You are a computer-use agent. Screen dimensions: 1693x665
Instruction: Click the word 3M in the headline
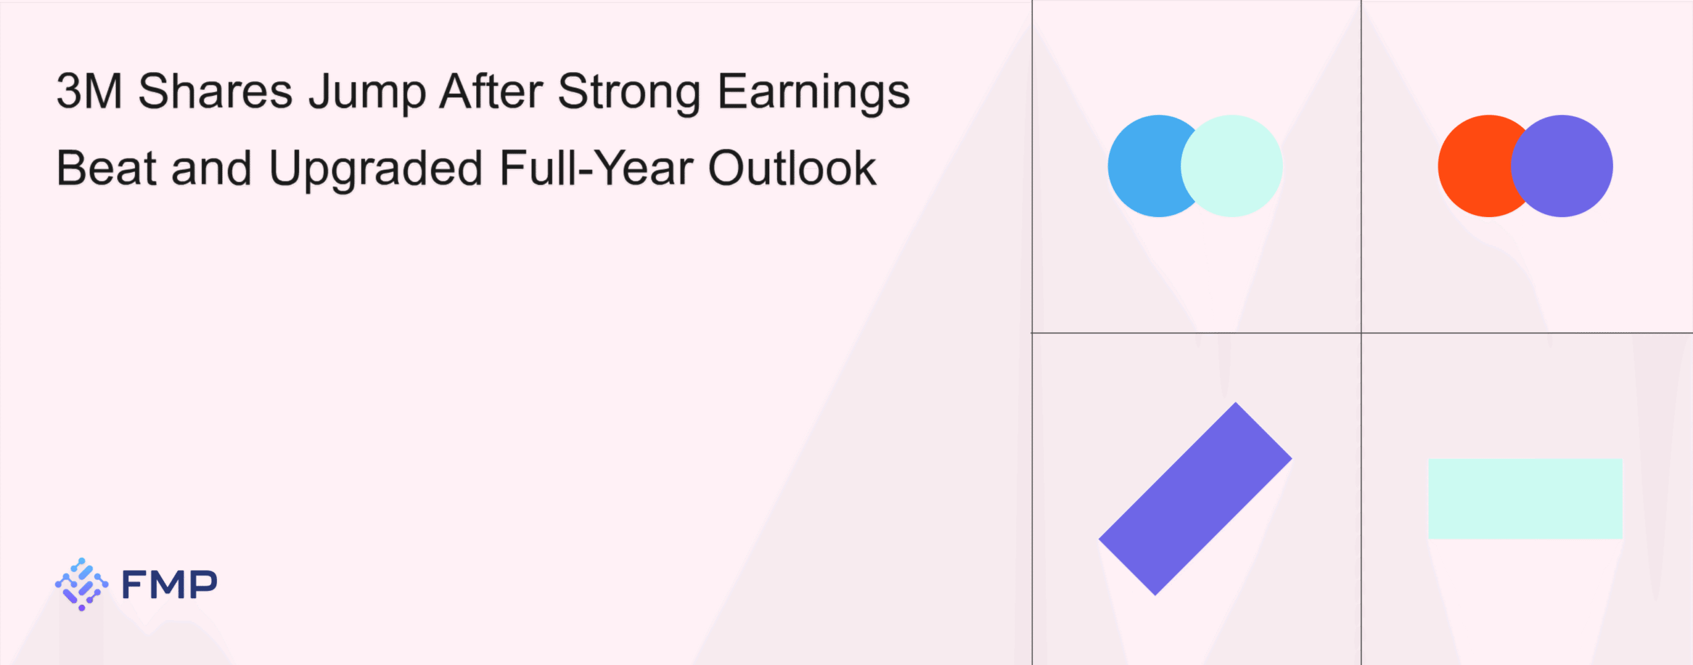click(89, 91)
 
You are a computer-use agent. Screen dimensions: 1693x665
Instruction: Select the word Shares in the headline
click(215, 91)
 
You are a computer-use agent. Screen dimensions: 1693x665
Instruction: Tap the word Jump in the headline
click(367, 95)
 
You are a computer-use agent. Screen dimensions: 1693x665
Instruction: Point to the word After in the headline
click(491, 91)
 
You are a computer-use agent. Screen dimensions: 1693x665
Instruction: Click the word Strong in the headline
click(629, 95)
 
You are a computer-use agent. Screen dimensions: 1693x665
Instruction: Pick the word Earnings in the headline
click(814, 95)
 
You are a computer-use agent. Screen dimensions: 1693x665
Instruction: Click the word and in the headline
click(212, 168)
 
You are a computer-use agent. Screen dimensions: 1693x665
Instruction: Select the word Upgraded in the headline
click(376, 171)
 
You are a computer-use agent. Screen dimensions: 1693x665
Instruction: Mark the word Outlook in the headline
click(792, 168)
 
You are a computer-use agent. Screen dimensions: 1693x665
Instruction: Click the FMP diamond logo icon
click(81, 584)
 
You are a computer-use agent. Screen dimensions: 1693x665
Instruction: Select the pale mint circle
click(1231, 166)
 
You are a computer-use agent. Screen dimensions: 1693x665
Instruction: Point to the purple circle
click(1562, 166)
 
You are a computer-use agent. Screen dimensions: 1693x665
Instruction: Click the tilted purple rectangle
click(1195, 499)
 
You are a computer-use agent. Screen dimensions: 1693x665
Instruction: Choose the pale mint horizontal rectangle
click(1525, 499)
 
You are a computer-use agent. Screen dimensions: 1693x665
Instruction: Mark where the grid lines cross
click(1361, 333)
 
